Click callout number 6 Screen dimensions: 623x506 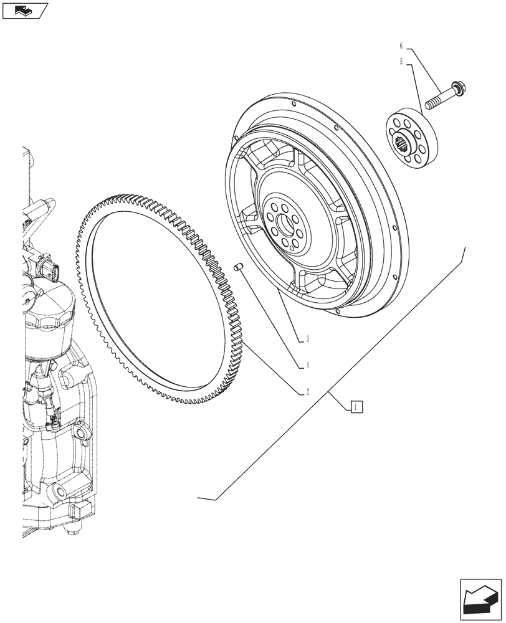pyautogui.click(x=401, y=45)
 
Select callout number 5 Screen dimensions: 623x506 pyautogui.click(x=401, y=61)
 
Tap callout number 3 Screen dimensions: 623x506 pyautogui.click(x=307, y=340)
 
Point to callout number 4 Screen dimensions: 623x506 pyautogui.click(x=307, y=366)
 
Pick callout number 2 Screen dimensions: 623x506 pyautogui.click(x=307, y=392)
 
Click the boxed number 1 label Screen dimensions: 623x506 pyautogui.click(x=355, y=407)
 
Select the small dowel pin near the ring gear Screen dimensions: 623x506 pyautogui.click(x=237, y=267)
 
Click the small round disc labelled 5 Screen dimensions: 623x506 pyautogui.click(x=411, y=140)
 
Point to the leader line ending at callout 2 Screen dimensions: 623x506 pyautogui.click(x=274, y=368)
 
